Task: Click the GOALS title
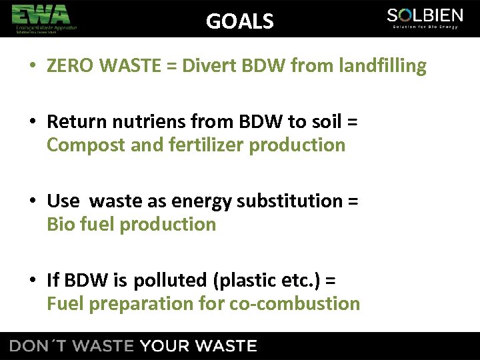coord(240,21)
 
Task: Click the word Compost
coord(86,145)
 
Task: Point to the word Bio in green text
coord(61,225)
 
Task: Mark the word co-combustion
coord(295,304)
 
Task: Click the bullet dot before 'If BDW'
coord(33,281)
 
